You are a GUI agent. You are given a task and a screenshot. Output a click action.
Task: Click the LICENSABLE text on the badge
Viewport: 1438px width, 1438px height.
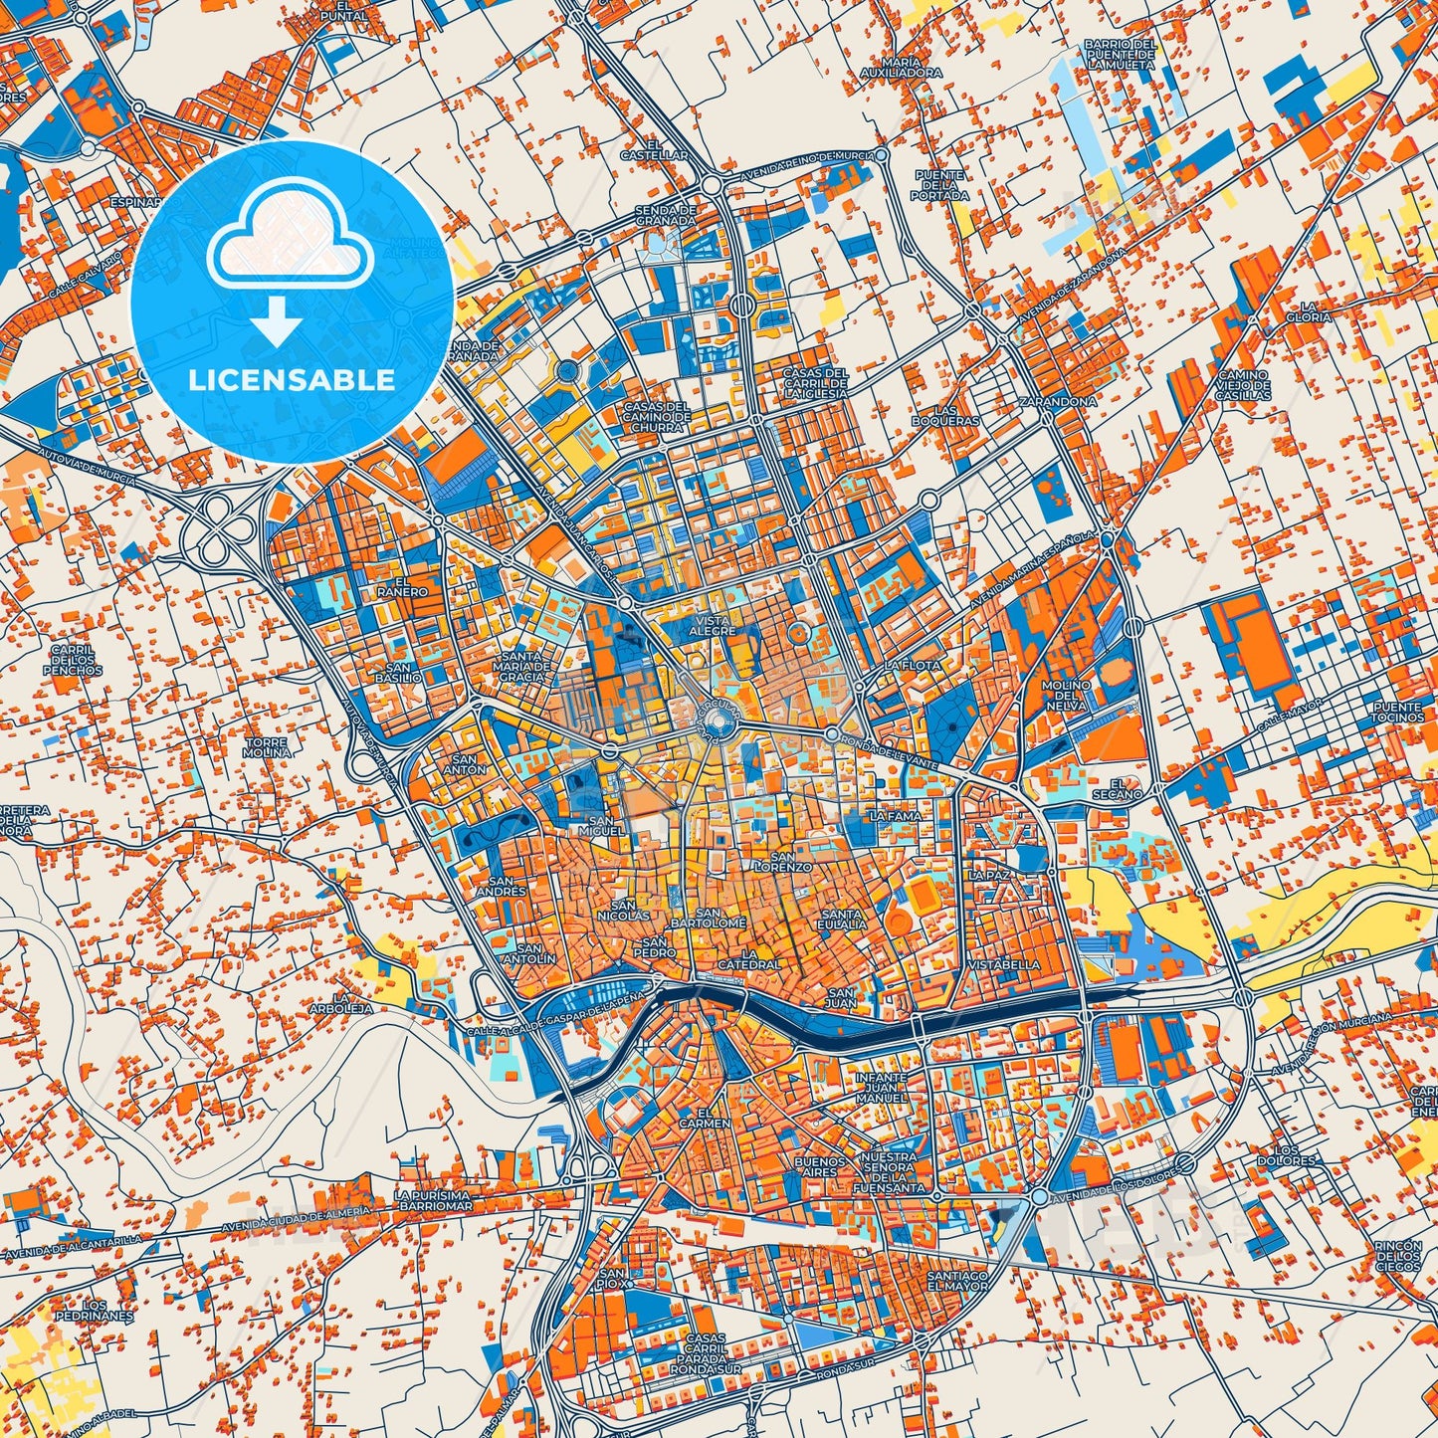click(293, 380)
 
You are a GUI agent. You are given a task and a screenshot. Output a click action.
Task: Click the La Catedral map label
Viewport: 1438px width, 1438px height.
click(748, 957)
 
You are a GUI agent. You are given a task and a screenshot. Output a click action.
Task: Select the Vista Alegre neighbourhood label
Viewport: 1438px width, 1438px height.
click(713, 625)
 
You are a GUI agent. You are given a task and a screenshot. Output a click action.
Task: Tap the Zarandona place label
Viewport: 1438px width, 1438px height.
click(1057, 401)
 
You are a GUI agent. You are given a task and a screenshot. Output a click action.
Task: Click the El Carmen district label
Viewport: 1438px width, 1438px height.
click(713, 1118)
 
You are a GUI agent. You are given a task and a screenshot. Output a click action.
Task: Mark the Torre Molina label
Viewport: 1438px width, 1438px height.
click(266, 747)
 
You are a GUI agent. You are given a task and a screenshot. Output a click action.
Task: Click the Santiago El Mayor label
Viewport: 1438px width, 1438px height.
click(956, 1280)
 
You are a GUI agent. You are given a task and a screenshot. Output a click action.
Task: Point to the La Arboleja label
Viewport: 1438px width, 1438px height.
click(352, 1002)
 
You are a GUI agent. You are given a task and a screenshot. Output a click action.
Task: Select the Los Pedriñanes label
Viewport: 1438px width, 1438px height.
click(94, 1310)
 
